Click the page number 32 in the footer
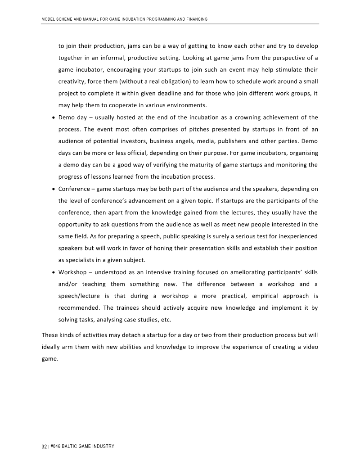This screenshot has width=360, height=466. tap(44, 446)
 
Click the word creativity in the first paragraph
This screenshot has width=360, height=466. tap(73, 82)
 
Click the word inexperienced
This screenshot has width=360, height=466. tap(293, 236)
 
